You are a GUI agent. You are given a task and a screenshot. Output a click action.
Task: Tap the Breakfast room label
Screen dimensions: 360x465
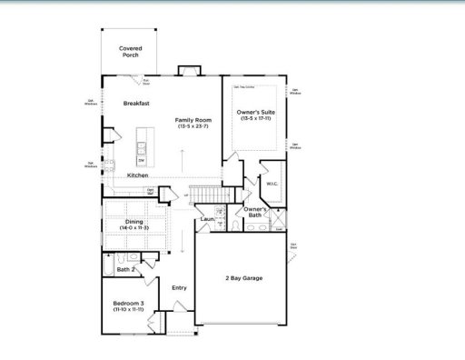click(137, 105)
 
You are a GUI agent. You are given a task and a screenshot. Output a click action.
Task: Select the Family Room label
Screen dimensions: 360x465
click(193, 120)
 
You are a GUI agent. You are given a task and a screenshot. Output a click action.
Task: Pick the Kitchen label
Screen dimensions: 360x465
click(138, 175)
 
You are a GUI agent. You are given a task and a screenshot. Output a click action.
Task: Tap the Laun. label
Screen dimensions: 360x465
click(207, 219)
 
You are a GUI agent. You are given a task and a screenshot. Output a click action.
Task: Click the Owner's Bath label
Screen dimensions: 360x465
click(255, 213)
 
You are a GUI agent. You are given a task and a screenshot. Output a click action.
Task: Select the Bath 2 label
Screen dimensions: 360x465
click(126, 269)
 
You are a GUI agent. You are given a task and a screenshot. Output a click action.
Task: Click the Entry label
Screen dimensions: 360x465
click(179, 288)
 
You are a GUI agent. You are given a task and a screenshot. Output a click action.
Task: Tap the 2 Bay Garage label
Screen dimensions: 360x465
click(243, 277)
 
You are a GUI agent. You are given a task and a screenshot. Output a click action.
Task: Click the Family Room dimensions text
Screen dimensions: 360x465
click(193, 126)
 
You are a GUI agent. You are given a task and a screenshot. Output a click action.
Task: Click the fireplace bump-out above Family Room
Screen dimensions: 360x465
click(190, 70)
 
